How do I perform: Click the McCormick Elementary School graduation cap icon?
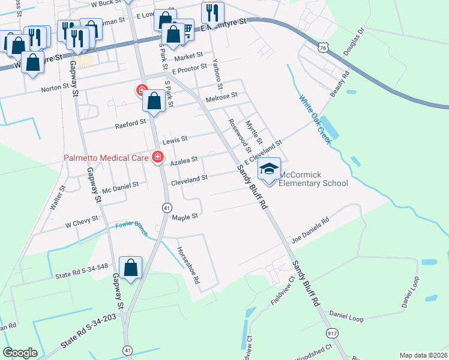pos(270,169)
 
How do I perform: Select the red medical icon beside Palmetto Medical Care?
pos(158,157)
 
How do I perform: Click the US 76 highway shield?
pos(324,47)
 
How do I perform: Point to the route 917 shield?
pos(333,333)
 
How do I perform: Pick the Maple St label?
pos(185,217)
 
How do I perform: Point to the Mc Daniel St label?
pos(120,188)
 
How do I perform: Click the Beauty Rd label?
pos(340,85)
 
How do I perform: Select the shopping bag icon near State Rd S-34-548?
pos(130,268)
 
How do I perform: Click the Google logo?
pos(20,353)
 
